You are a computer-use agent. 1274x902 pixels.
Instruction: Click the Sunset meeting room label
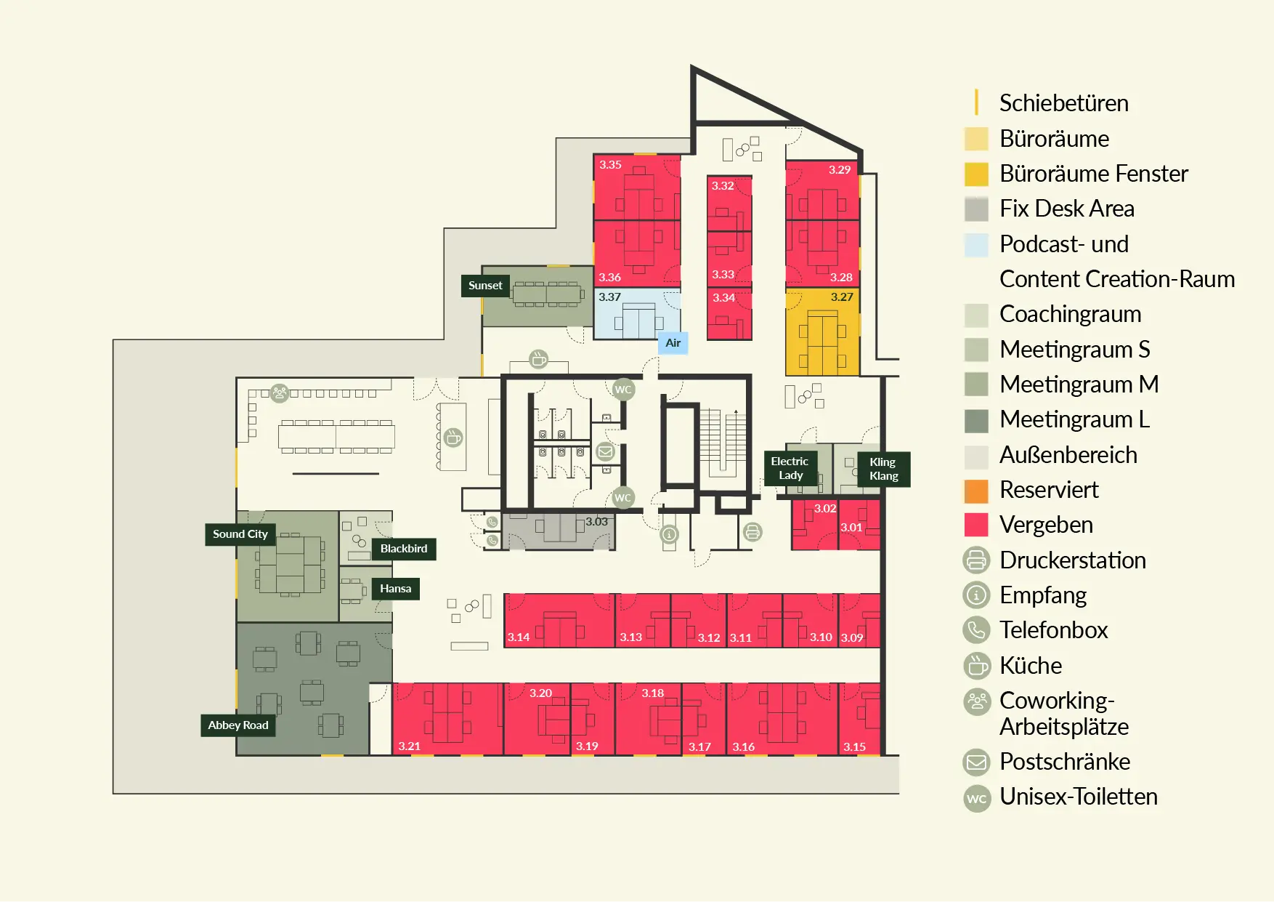[x=485, y=286]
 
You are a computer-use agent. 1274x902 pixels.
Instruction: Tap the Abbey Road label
[x=238, y=725]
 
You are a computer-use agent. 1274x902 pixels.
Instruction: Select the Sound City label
[x=240, y=534]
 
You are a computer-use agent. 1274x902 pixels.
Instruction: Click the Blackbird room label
[x=404, y=549]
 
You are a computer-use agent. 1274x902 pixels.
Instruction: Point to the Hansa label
[x=396, y=589]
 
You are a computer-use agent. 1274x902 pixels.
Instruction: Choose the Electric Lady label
[x=790, y=468]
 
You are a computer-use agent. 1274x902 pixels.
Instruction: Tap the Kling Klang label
[x=884, y=469]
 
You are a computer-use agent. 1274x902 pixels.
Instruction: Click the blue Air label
[x=673, y=343]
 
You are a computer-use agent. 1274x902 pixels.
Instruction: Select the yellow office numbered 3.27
[x=823, y=332]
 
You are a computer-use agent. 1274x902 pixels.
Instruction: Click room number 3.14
[x=519, y=637]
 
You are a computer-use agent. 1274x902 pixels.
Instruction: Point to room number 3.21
[x=410, y=746]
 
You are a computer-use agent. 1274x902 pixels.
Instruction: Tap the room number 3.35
[x=610, y=165]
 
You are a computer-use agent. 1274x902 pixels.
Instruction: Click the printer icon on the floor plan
[x=753, y=533]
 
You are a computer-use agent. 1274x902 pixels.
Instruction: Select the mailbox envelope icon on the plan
[x=605, y=452]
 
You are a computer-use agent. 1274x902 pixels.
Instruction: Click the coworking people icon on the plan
[x=280, y=393]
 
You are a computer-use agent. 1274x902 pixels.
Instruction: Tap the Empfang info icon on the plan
[x=670, y=534]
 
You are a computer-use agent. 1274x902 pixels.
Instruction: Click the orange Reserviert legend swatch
[x=976, y=491]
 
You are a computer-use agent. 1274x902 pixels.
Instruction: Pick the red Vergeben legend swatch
[x=976, y=525]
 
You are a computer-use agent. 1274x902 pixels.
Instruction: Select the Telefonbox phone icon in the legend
[x=977, y=630]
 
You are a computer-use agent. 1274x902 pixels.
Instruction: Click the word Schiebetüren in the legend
[x=1064, y=103]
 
